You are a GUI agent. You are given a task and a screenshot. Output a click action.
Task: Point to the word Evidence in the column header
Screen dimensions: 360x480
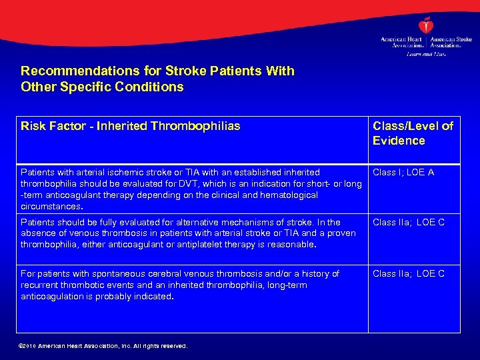pos(399,141)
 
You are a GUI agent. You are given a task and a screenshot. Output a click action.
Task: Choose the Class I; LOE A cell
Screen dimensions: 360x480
pos(403,173)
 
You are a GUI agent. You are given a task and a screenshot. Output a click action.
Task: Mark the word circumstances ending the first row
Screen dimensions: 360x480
pos(49,207)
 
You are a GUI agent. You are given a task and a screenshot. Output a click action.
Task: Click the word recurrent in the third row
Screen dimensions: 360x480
pos(40,285)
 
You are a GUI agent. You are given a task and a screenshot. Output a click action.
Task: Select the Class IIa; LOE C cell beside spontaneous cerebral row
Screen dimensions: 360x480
pos(408,274)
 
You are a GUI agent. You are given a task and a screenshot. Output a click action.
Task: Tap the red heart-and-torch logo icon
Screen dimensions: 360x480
pos(426,26)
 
